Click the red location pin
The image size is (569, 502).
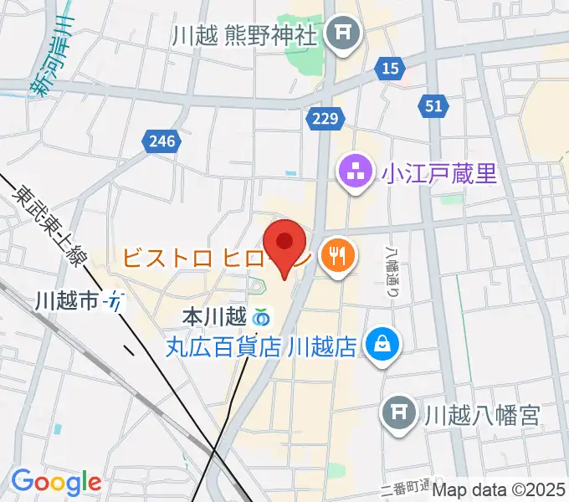click(284, 243)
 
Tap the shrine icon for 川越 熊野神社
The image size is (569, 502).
click(341, 35)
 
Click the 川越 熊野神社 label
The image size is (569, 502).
click(245, 36)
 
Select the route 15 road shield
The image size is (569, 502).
click(388, 69)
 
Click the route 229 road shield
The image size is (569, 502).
click(322, 119)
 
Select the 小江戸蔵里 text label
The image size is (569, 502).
click(439, 174)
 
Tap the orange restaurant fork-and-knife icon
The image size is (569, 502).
click(339, 255)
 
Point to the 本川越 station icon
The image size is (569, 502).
click(261, 317)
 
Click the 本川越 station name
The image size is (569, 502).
click(213, 317)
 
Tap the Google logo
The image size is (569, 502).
click(56, 482)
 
